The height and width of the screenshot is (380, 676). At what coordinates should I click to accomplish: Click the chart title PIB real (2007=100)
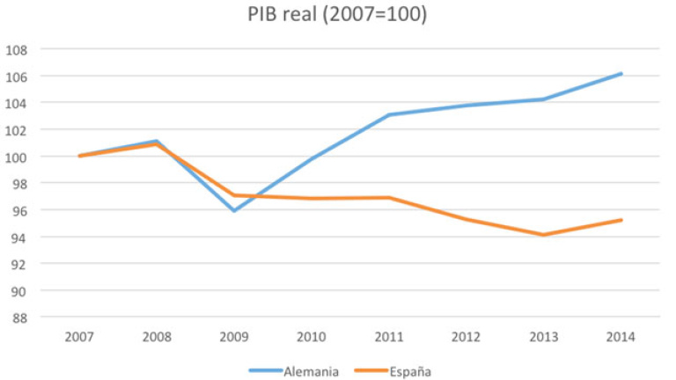point(338,15)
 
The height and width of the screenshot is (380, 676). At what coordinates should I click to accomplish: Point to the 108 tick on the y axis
point(18,49)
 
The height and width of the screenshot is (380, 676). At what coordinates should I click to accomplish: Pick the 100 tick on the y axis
point(18,157)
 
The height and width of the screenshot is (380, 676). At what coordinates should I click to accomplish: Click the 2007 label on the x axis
point(79,337)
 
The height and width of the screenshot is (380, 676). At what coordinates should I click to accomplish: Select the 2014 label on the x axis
point(621,337)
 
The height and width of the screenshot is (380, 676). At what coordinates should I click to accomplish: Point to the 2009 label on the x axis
point(234,337)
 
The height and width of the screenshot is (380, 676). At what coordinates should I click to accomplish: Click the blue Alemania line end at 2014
point(621,74)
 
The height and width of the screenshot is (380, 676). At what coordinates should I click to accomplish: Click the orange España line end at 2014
point(621,220)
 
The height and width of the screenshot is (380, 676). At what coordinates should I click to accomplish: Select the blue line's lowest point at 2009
point(234,211)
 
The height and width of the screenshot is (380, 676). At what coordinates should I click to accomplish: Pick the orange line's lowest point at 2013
point(544,235)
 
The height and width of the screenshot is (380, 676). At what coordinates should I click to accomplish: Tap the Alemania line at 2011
point(389,114)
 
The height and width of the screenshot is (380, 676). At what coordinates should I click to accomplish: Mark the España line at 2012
point(467,219)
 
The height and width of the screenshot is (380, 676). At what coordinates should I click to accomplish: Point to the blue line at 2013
point(544,99)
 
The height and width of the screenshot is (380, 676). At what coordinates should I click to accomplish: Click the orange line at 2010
point(312,199)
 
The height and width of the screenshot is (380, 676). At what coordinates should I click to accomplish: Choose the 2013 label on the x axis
point(543,337)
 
